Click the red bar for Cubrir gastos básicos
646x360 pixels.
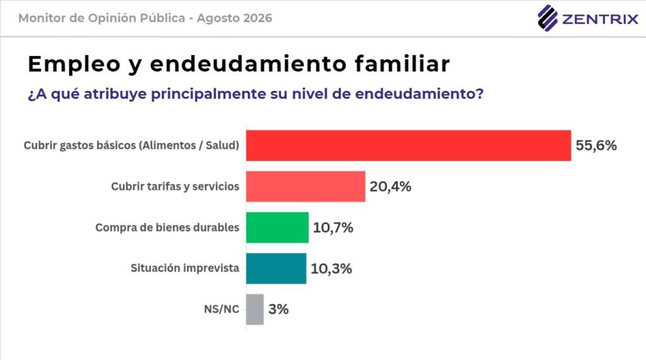(x=409, y=146)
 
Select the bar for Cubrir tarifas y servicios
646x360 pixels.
(x=306, y=187)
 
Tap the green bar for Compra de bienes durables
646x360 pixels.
(x=278, y=228)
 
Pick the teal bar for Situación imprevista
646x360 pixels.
(x=276, y=269)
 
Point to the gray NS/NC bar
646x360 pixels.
(x=255, y=310)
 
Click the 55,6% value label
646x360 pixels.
(x=596, y=146)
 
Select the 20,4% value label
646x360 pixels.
(x=390, y=187)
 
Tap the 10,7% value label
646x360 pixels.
(x=333, y=228)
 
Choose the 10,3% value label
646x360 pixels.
(x=331, y=269)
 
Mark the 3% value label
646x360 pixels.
(x=278, y=309)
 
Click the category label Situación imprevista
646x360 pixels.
(x=185, y=268)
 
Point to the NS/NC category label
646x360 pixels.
(x=221, y=310)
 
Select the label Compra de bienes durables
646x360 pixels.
(x=167, y=228)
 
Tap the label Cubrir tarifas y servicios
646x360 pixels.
(x=175, y=187)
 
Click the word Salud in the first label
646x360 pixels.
(x=221, y=146)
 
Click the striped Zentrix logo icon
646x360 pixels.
(x=548, y=18)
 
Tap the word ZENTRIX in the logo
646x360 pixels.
(x=600, y=19)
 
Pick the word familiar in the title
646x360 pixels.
(x=402, y=64)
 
